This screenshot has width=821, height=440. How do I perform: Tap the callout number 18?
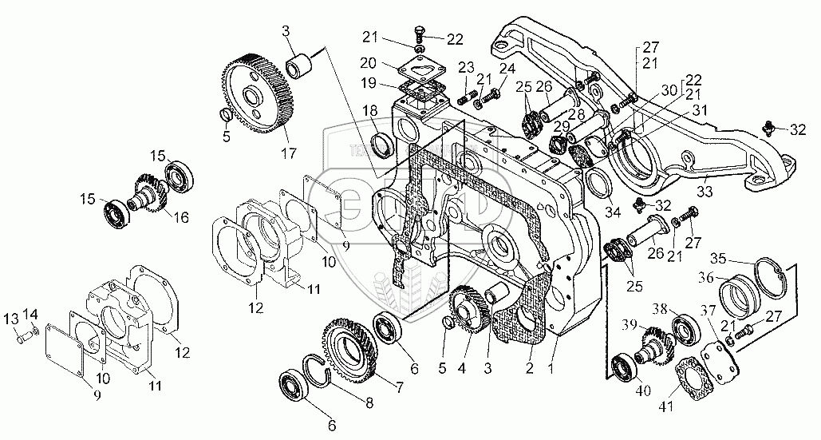[x=372, y=109]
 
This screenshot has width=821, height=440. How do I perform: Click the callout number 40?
[x=622, y=391]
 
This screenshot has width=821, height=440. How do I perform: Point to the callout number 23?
[x=464, y=66]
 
